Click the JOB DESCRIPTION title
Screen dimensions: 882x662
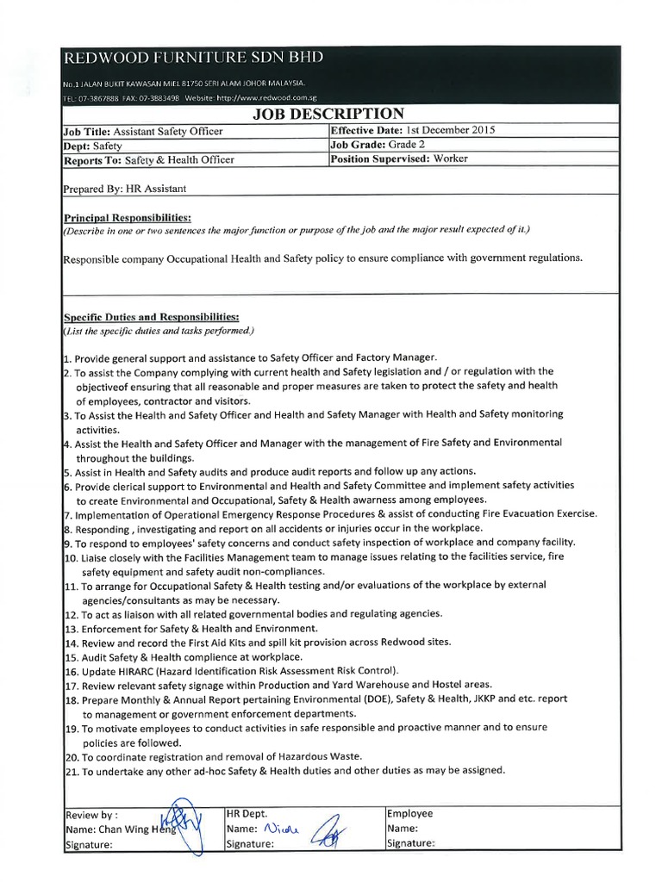pyautogui.click(x=328, y=115)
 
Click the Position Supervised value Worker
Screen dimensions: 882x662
pyautogui.click(x=451, y=158)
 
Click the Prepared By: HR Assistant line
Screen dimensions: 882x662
pyautogui.click(x=125, y=188)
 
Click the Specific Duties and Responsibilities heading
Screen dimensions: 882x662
pyautogui.click(x=151, y=317)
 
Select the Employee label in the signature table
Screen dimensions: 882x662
pyautogui.click(x=410, y=813)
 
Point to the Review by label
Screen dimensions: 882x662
pyautogui.click(x=91, y=814)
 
